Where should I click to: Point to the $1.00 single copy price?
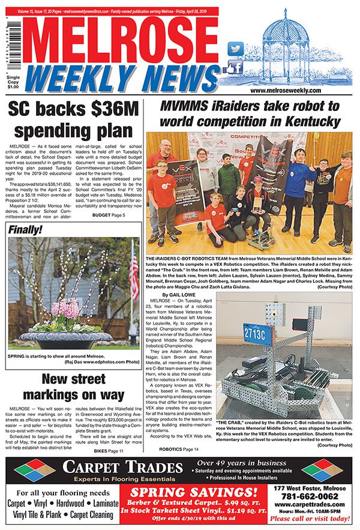pos(12,86)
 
